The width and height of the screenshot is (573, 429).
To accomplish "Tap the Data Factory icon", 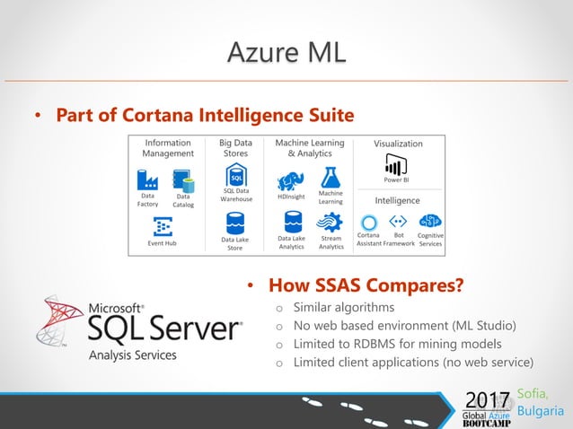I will click(x=148, y=179).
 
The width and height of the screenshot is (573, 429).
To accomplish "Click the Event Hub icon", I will click(x=163, y=226).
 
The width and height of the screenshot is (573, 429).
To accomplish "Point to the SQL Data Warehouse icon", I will click(x=235, y=174).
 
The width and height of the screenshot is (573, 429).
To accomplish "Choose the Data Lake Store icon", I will click(x=235, y=223).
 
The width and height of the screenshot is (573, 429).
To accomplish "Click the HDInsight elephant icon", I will click(x=290, y=180).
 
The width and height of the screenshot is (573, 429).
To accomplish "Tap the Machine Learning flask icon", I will click(x=331, y=176).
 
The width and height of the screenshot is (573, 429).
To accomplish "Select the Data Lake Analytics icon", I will click(x=291, y=222).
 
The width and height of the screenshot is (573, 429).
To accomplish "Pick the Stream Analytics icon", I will click(x=331, y=222).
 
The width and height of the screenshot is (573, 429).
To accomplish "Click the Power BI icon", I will click(x=396, y=164).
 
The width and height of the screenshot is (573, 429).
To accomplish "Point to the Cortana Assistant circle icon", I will click(x=368, y=222).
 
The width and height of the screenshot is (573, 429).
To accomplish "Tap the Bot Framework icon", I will click(x=398, y=221).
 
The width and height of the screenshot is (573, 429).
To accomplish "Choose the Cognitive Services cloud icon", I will click(x=430, y=221).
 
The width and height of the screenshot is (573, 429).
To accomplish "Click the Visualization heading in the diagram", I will click(x=398, y=144).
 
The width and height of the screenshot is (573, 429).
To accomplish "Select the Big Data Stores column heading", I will click(x=235, y=147).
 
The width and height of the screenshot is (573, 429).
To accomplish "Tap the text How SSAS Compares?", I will click(x=366, y=285).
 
